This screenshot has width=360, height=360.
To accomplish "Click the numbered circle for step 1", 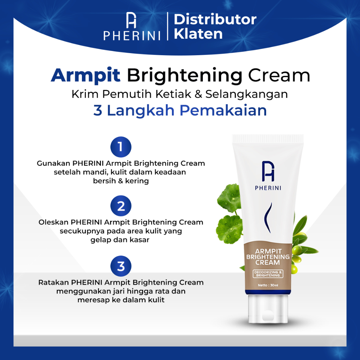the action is [x=121, y=147].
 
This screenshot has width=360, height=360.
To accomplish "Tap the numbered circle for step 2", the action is [x=121, y=206].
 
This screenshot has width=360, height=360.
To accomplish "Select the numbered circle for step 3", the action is [x=121, y=266].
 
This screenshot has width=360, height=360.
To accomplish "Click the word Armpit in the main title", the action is [x=86, y=76].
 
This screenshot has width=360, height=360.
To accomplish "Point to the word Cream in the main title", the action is [x=279, y=75].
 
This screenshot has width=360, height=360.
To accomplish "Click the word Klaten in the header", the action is [x=198, y=34].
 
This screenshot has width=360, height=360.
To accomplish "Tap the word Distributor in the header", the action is [x=215, y=19].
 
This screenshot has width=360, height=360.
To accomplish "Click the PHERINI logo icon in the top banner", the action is [x=131, y=20].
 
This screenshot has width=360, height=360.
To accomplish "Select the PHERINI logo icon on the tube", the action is [x=268, y=171].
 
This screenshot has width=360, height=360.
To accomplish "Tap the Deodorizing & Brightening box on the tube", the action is [x=268, y=274].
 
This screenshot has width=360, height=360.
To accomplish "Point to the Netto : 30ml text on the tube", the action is [x=268, y=285].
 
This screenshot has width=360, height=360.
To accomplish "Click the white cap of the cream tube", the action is [x=268, y=309].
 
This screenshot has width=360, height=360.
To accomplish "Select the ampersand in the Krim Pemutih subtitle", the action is [x=198, y=94].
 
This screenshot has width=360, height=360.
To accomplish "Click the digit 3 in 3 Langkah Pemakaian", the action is [x=98, y=110].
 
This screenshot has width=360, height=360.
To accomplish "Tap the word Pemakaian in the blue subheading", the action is [x=223, y=110].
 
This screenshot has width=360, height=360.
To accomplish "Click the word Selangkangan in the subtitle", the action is [x=246, y=94].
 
